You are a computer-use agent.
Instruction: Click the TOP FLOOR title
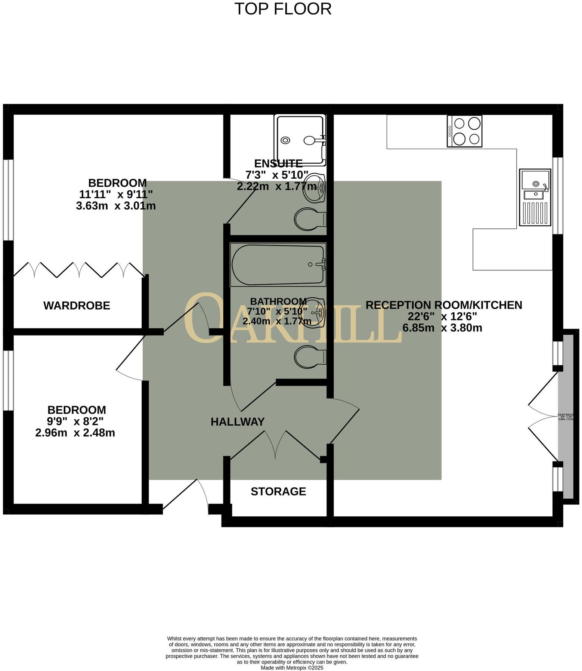(283, 9)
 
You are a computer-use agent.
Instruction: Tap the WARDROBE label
(77, 306)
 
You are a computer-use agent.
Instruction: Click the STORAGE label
(278, 491)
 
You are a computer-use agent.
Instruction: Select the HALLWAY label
(238, 422)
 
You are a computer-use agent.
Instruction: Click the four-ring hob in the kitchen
(465, 131)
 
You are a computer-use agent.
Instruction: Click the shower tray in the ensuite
(300, 139)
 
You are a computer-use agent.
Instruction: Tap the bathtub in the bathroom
(278, 265)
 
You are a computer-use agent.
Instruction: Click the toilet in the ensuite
(310, 219)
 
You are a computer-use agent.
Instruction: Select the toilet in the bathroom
(310, 356)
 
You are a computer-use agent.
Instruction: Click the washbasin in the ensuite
(314, 188)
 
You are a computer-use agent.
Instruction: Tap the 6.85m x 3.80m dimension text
(442, 328)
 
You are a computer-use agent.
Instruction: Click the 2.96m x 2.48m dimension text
(75, 433)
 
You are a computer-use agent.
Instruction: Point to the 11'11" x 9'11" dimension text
(116, 194)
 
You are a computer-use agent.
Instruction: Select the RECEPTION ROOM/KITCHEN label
(444, 305)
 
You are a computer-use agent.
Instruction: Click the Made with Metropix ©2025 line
(292, 668)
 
